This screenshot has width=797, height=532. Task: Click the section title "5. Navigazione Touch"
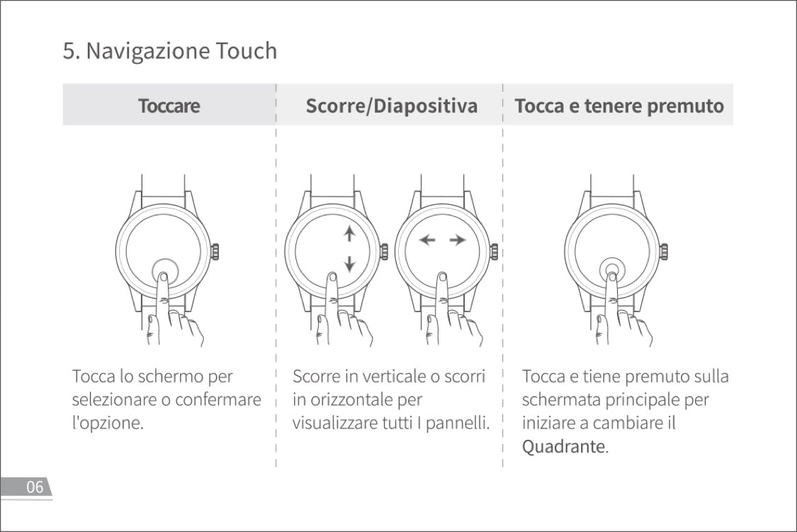(169, 51)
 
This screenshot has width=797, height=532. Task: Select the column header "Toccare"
(169, 106)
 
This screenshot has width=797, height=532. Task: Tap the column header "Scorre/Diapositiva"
(391, 106)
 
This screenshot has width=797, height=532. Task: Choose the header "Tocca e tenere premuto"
(618, 106)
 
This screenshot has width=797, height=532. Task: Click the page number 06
(35, 487)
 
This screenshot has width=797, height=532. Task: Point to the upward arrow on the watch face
(349, 234)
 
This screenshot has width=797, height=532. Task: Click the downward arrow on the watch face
(349, 265)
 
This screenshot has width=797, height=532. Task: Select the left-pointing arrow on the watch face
(426, 240)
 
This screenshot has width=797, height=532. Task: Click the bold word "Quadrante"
(564, 447)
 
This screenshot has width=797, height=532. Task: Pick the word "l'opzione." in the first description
(108, 423)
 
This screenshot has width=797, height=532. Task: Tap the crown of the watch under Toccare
(215, 251)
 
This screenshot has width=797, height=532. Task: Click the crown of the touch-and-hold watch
(664, 251)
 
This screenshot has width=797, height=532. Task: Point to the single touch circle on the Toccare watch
(164, 270)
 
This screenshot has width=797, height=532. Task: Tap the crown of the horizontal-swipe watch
(494, 251)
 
